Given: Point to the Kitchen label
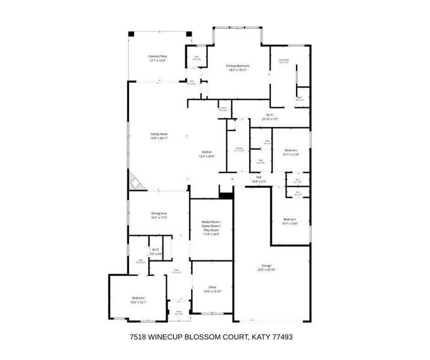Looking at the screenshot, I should (207, 154).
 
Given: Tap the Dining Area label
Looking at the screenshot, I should (159, 215).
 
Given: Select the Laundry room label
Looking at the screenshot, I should (239, 149).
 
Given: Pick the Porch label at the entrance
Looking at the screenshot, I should (178, 311).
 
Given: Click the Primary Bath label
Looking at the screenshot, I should (284, 61).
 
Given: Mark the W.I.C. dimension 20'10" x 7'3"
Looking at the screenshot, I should (270, 119).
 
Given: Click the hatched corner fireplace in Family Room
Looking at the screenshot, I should (133, 181).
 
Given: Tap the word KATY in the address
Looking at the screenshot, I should (259, 337).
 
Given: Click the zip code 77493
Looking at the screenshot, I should (281, 337).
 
